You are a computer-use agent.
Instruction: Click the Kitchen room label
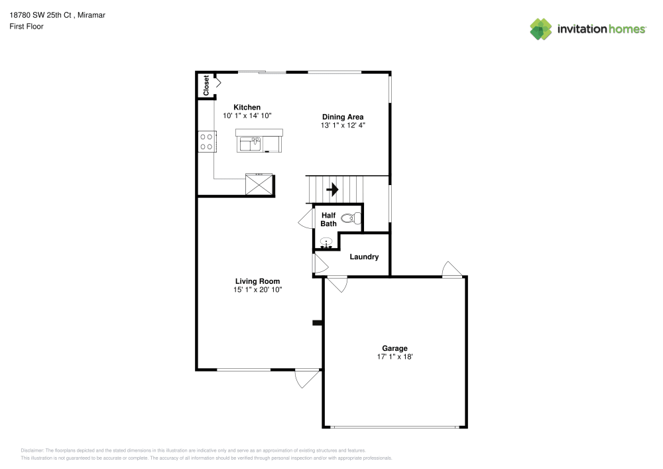[x=247, y=107]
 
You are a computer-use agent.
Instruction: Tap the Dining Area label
[x=343, y=117]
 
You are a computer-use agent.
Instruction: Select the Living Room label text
[x=257, y=281]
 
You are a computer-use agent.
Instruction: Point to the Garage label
[x=394, y=348]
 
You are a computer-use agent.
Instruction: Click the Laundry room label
[x=364, y=257]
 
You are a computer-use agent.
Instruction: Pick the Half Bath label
[x=329, y=220]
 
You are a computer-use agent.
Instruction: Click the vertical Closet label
[x=206, y=85]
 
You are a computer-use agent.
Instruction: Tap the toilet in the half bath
[x=351, y=217]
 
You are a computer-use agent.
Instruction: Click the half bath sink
[x=325, y=243]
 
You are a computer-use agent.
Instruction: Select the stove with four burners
[x=206, y=141]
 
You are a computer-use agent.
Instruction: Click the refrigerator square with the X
[x=259, y=184]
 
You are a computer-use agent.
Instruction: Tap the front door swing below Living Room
[x=306, y=378]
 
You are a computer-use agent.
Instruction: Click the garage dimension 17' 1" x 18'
[x=394, y=357]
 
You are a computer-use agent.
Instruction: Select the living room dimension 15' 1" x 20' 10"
[x=257, y=289]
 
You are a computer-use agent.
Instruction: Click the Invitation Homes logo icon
[x=541, y=29]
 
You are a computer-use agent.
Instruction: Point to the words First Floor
[x=27, y=27]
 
